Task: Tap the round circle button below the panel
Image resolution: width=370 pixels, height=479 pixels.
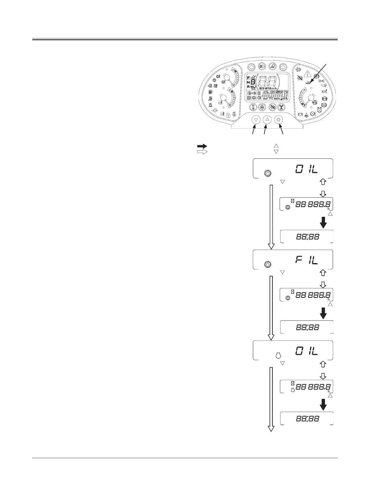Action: (279, 120)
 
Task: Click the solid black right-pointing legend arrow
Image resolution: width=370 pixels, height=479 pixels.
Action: (202, 146)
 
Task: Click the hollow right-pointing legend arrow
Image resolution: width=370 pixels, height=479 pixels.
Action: (202, 152)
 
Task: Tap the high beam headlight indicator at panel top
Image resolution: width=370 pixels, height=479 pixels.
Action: (262, 67)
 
